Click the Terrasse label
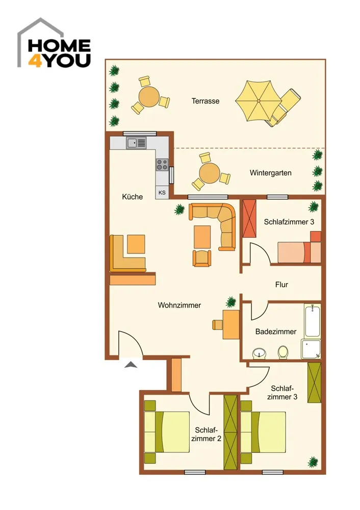(205, 101)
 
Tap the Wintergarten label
(270, 173)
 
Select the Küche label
(133, 196)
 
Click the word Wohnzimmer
(179, 305)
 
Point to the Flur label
(281, 285)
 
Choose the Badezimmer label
(276, 332)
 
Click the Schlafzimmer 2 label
(206, 434)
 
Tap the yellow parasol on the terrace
(258, 100)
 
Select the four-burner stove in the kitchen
(162, 165)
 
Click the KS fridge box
(162, 192)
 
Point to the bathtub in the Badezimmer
(313, 321)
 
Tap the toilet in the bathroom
(283, 352)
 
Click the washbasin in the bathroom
(259, 353)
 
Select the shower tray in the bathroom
(311, 349)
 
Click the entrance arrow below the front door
(131, 365)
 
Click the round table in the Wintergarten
(210, 173)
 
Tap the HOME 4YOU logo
(54, 43)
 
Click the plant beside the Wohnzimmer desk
(230, 302)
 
